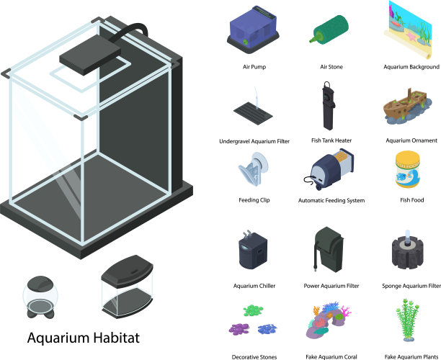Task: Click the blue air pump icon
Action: point(253,30)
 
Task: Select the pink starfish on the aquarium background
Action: point(411,37)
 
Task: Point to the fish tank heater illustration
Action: point(328,107)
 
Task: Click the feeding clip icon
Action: point(254,168)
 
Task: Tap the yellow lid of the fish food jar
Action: point(408,156)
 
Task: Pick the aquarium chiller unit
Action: point(252,250)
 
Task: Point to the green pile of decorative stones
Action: point(253,310)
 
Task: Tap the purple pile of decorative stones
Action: point(239,329)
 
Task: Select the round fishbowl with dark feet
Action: point(40,297)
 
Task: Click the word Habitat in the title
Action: point(116,338)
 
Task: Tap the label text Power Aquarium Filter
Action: point(331,286)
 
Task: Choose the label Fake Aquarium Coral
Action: point(331,357)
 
